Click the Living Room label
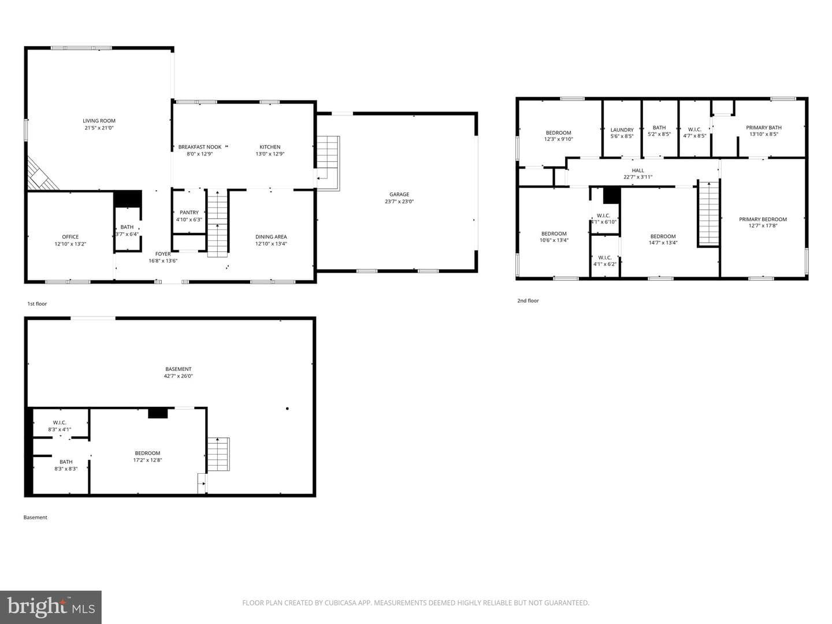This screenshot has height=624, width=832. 99,121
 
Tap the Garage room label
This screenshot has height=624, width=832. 399,194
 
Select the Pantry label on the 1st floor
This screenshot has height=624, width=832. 189,213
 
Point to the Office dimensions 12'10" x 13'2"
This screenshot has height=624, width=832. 70,244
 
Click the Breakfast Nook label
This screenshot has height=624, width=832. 200,147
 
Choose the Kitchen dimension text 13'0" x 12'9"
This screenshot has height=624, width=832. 270,154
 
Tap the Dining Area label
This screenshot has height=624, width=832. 271,237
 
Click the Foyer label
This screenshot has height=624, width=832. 163,254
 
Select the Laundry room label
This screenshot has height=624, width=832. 622,130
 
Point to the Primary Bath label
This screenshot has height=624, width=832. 764,128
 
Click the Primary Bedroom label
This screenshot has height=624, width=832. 763,220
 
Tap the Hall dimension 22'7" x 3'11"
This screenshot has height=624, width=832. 638,177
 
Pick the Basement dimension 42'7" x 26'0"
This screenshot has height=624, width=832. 178,376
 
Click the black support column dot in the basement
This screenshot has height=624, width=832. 287,408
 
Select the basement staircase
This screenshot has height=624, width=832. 218,454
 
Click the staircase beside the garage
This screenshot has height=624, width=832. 328,163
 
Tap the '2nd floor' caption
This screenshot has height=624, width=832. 528,301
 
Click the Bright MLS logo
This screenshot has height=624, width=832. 51,607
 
